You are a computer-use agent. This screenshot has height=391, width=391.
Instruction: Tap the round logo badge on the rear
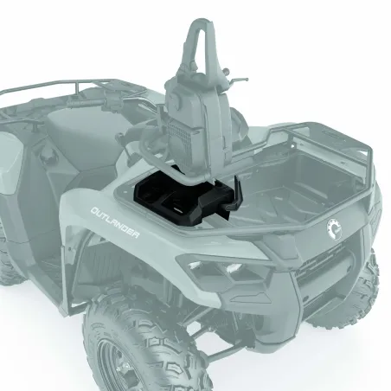coord(335,229)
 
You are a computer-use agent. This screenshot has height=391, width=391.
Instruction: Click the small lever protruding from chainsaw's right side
coord(239,80)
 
